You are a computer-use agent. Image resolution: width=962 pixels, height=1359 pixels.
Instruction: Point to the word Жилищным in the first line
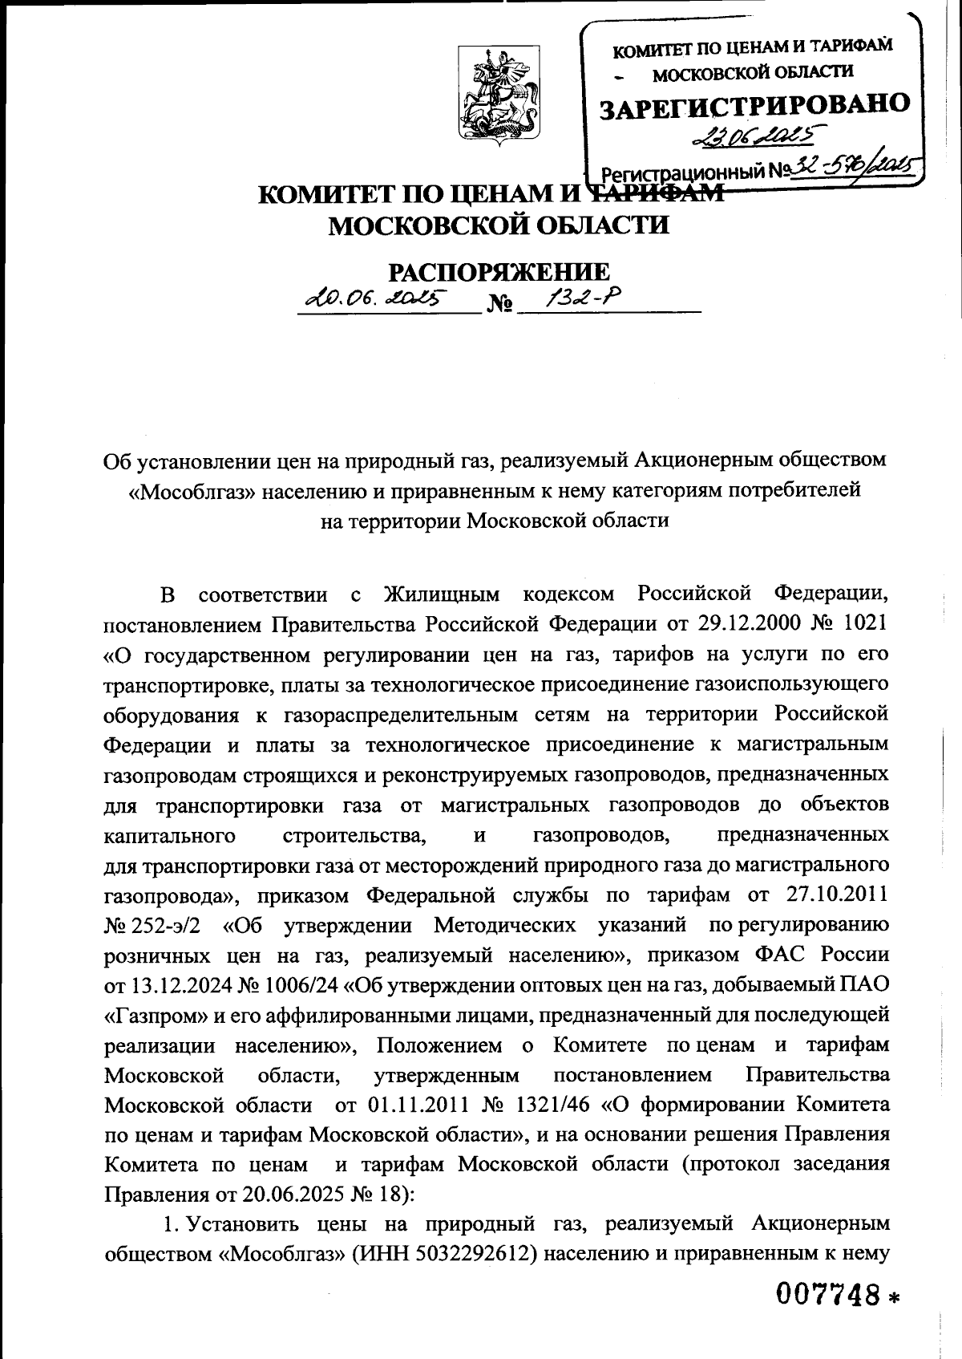442,594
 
